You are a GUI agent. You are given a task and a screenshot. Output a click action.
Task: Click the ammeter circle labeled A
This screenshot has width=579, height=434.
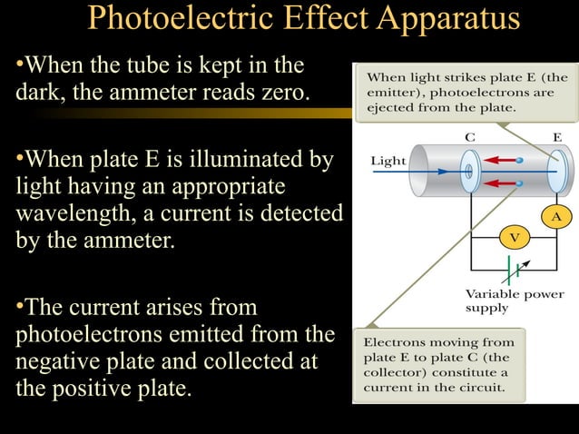point(556,217)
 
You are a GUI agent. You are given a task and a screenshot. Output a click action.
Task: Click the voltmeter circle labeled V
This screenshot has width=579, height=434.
point(514,237)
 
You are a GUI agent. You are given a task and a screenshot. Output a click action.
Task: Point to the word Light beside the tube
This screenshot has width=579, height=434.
point(388,162)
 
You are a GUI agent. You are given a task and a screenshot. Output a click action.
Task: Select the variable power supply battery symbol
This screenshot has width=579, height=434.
point(515,270)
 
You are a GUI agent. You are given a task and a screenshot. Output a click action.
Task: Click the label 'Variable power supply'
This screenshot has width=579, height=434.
point(514,301)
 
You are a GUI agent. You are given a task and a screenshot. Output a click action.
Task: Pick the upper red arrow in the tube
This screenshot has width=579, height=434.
point(497,159)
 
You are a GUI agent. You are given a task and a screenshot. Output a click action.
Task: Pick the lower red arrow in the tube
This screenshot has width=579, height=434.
point(497,184)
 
